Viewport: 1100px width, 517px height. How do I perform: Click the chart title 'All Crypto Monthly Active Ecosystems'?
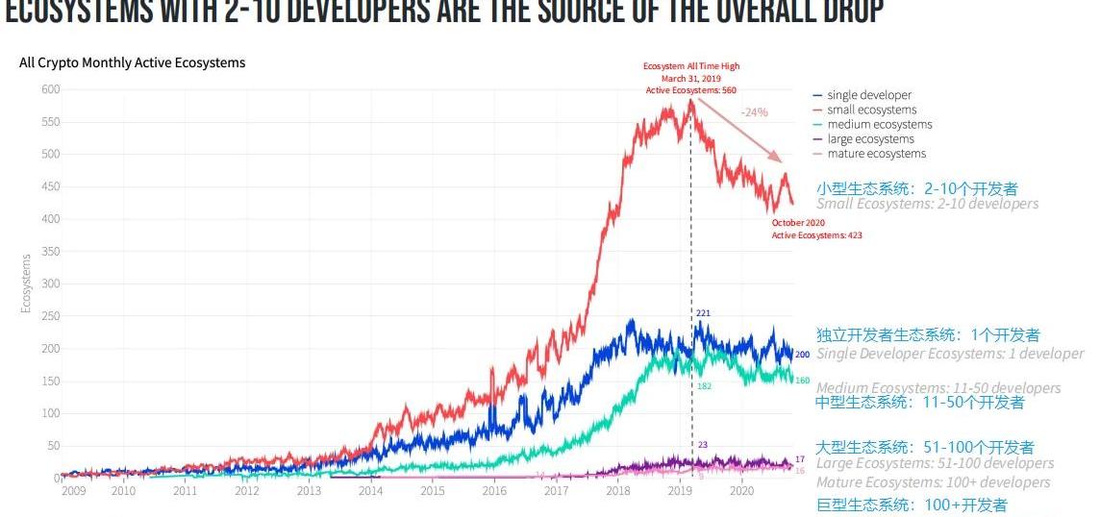click(132, 62)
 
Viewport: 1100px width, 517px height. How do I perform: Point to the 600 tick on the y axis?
click(49, 89)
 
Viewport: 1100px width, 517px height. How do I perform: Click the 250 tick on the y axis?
click(49, 316)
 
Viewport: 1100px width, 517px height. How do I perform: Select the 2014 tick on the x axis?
click(370, 491)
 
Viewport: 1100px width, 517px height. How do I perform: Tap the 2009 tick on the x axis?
click(74, 491)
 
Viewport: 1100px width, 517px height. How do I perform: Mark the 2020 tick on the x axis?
click(741, 491)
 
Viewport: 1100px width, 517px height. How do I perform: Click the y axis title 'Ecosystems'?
click(26, 283)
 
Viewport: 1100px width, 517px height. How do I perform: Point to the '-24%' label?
click(755, 112)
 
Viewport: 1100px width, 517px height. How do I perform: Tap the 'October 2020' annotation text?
click(798, 223)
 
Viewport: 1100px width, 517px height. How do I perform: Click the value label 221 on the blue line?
click(703, 313)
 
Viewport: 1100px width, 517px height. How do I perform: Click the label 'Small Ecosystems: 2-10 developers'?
click(927, 204)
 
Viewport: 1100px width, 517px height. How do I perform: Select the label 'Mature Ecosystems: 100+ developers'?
click(933, 482)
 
